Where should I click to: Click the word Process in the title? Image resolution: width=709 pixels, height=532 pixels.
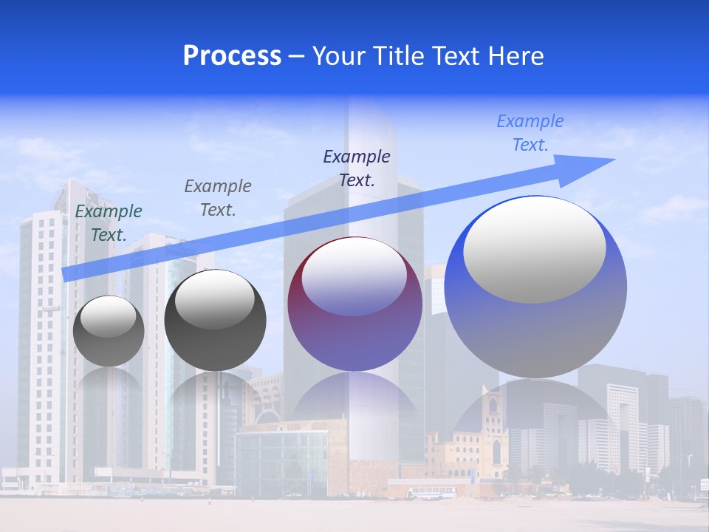point(232,56)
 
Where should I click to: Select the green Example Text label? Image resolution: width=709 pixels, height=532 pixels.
point(109,223)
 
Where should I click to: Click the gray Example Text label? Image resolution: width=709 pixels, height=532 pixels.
point(217,198)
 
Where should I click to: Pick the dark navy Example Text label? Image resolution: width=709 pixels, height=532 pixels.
point(357,168)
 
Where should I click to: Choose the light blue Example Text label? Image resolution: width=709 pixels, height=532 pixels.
point(530,133)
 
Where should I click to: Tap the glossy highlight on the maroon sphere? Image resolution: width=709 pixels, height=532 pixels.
point(354,277)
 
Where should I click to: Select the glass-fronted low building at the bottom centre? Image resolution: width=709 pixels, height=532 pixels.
point(281,462)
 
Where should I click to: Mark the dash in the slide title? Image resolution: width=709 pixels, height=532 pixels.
point(297,56)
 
